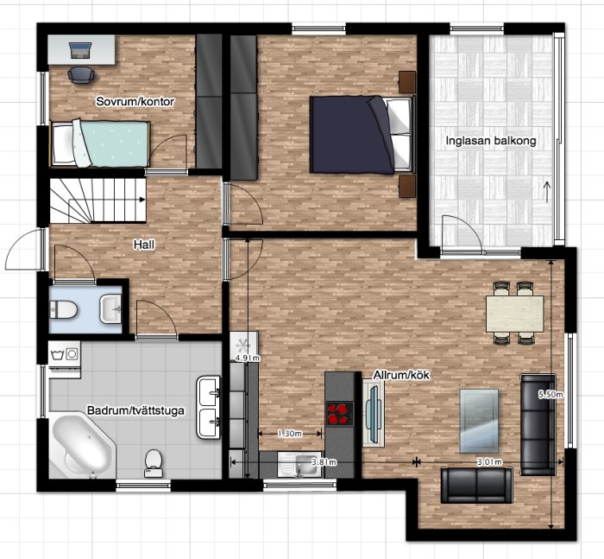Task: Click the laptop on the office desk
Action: coord(80,50)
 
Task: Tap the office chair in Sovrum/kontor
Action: coord(80,74)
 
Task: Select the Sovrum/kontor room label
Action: coord(135,101)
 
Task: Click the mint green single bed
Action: coord(100,143)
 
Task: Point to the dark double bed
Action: coord(362,134)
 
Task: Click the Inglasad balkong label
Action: coord(491,141)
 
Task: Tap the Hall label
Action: coord(144,245)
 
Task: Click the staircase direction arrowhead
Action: coord(142,200)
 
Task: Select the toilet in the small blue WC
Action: coord(64,310)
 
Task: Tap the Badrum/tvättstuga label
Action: coord(135,410)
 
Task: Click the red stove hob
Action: coord(340,414)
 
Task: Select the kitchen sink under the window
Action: coord(299,465)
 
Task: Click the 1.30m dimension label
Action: coord(290,434)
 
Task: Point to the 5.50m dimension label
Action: coord(551,394)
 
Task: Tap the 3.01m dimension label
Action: coord(489,461)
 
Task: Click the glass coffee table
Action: coord(479,421)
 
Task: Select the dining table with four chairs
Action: coord(514,313)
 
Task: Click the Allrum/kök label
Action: coord(401,375)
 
